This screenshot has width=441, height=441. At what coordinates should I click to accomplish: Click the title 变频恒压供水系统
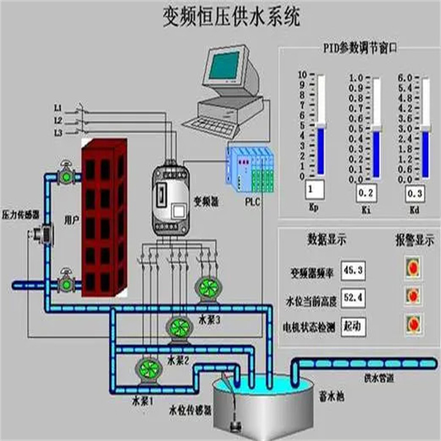pos(232,18)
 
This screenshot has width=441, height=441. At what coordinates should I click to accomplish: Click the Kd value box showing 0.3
pos(416,194)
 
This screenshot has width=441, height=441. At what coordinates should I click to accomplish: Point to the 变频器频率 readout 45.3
pos(353,271)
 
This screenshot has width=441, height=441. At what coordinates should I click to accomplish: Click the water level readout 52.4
pos(353,298)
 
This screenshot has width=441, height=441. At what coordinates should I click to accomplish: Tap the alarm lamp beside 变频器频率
pos(413,267)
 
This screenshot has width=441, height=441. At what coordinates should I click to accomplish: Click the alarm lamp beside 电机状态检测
pos(413,322)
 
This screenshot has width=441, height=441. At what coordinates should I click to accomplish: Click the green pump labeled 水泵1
pos(147,369)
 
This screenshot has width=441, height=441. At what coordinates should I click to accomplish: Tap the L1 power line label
pos(58,107)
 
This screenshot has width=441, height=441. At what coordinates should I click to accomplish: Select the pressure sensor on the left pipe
pos(42,234)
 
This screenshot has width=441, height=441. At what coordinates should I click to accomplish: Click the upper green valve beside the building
pos(67,175)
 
